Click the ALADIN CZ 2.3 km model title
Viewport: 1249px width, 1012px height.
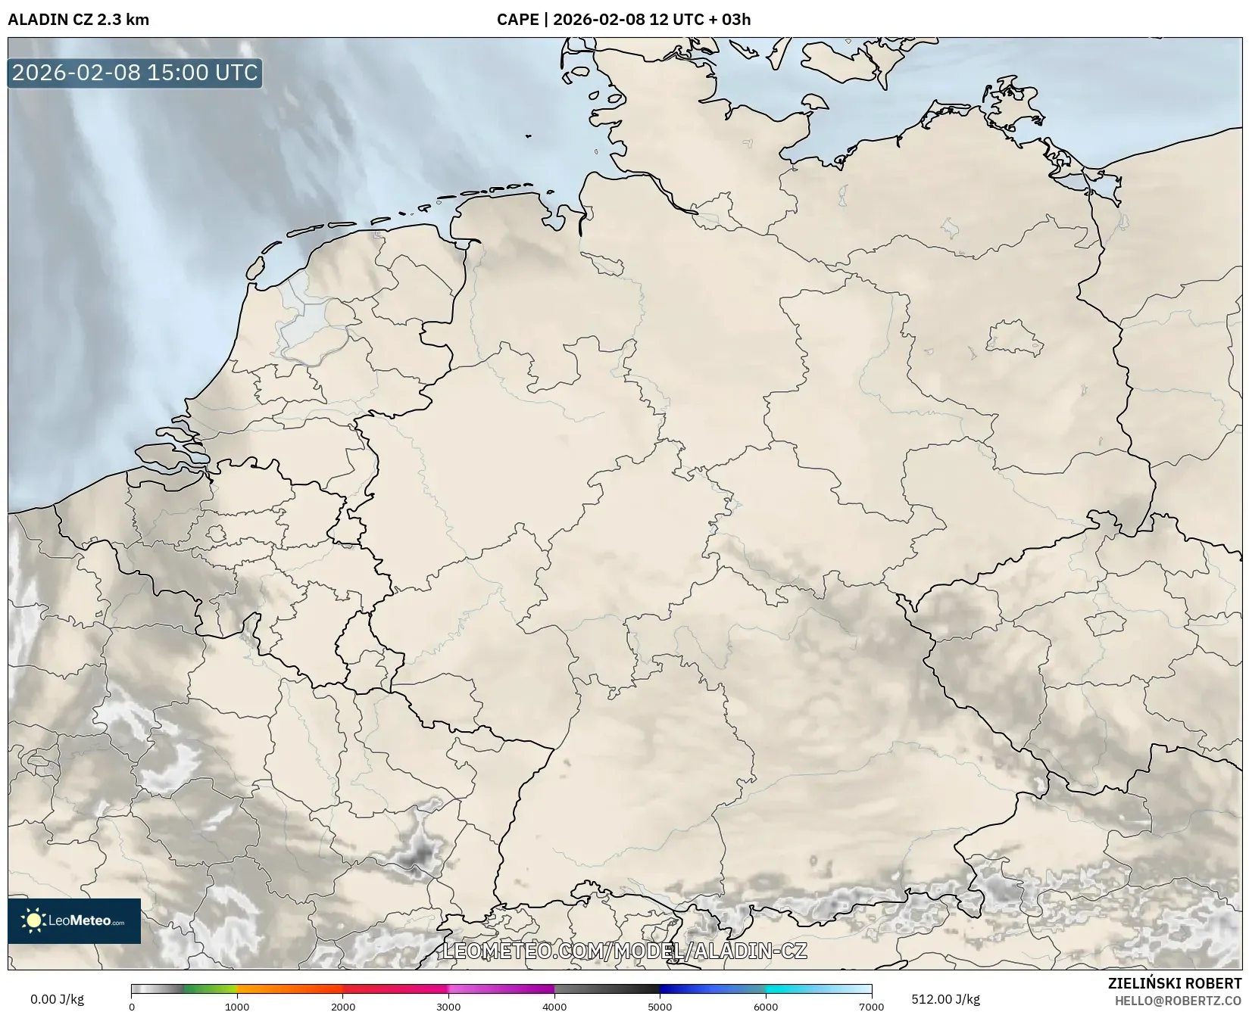tap(79, 20)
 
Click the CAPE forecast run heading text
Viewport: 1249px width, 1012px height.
tap(623, 20)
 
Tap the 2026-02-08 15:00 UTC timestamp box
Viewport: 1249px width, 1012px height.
tap(135, 73)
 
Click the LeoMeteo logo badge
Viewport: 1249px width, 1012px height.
tap(74, 920)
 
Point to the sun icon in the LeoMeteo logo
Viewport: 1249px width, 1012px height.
tap(33, 920)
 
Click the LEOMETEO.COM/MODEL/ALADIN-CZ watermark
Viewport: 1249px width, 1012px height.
tap(624, 951)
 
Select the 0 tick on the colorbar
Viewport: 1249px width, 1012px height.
tap(132, 1006)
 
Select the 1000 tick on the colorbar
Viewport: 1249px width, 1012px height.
tap(237, 1006)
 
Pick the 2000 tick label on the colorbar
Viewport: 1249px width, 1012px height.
tap(343, 1006)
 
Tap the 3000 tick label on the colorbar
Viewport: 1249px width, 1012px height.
tap(448, 1006)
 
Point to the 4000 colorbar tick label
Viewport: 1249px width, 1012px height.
tap(554, 1006)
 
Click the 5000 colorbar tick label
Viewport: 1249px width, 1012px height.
tap(660, 1006)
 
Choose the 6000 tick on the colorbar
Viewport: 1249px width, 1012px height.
tap(766, 1006)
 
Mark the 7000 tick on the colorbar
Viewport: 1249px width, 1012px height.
tap(871, 1006)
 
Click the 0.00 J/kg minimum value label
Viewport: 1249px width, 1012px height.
tap(57, 999)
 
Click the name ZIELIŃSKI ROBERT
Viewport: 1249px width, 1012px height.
tap(1174, 983)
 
